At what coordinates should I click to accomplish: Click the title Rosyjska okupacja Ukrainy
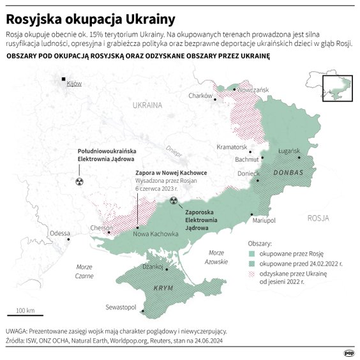(92, 15)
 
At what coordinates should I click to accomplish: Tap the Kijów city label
(74, 84)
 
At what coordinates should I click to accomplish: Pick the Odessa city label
(59, 233)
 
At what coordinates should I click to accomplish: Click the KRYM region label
(164, 289)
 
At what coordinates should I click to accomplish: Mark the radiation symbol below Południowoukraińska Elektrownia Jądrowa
(79, 182)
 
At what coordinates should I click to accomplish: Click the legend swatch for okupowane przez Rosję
(251, 253)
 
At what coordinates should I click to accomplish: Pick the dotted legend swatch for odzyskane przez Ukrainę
(251, 273)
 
